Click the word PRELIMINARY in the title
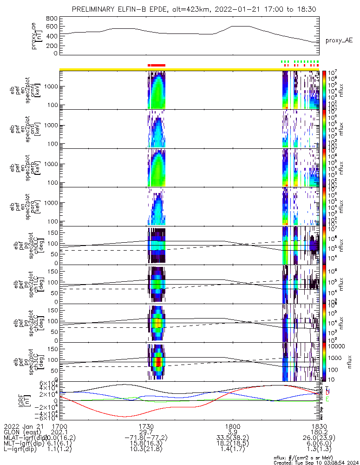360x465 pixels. [95, 9]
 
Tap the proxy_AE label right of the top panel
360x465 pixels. [339, 40]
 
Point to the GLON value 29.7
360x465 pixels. [146, 432]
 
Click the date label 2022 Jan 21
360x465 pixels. [22, 426]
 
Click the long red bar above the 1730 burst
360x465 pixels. [158, 65]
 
